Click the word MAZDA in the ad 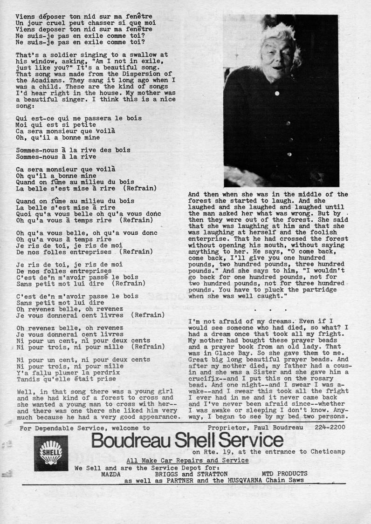point(111,473)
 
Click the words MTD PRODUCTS point(284,473)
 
